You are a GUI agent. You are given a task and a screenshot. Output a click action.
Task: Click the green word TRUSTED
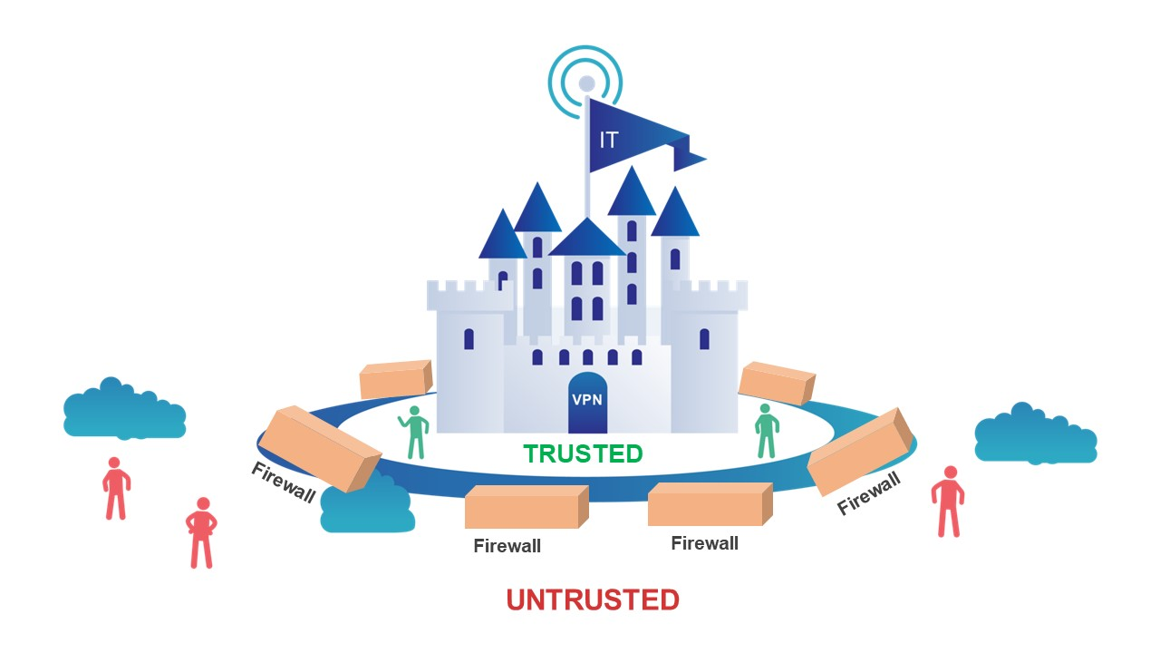583,454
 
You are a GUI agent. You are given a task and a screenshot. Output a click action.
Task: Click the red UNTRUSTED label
593,600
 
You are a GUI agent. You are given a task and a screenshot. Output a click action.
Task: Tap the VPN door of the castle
587,403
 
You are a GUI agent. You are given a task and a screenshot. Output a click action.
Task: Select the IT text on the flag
608,140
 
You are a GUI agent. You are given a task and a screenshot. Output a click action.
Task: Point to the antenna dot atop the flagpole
586,83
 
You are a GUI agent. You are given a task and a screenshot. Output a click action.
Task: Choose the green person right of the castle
767,431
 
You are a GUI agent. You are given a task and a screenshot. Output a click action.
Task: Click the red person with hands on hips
201,532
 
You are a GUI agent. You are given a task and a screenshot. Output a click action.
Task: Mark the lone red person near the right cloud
948,502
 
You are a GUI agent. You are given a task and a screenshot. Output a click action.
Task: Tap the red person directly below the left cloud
116,488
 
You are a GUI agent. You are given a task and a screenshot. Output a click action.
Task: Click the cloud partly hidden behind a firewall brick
369,503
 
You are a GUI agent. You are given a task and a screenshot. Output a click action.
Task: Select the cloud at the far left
124,408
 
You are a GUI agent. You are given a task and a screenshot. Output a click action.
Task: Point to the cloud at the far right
1036,434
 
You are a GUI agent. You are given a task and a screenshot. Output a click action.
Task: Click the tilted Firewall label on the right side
869,492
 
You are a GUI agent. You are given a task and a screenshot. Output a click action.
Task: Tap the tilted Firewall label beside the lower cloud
284,482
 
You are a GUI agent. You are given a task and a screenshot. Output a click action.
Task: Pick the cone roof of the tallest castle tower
632,190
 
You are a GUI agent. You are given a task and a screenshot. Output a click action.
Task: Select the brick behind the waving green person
396,378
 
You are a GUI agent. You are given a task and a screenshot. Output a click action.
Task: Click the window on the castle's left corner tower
469,339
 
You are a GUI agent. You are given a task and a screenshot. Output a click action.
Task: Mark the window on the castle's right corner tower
704,339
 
